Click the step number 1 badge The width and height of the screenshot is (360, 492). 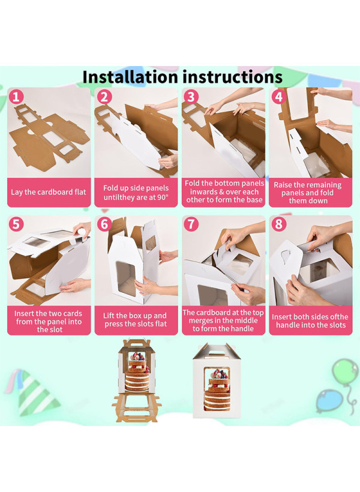(x=16, y=97)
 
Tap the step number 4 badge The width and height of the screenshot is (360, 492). (x=278, y=97)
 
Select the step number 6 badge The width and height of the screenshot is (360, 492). (x=104, y=224)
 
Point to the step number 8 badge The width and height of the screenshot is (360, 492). (x=278, y=224)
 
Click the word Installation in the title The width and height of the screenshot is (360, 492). (x=130, y=77)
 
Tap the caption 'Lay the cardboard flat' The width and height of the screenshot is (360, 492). (x=49, y=192)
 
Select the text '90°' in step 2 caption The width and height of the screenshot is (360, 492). (x=162, y=197)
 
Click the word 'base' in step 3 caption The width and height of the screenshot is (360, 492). (x=254, y=200)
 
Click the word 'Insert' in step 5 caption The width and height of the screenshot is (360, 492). (x=24, y=313)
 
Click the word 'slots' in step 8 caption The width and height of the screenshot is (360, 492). (x=337, y=325)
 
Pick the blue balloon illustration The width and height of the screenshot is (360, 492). (x=329, y=401)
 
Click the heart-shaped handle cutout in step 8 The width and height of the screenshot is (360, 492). (x=286, y=256)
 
